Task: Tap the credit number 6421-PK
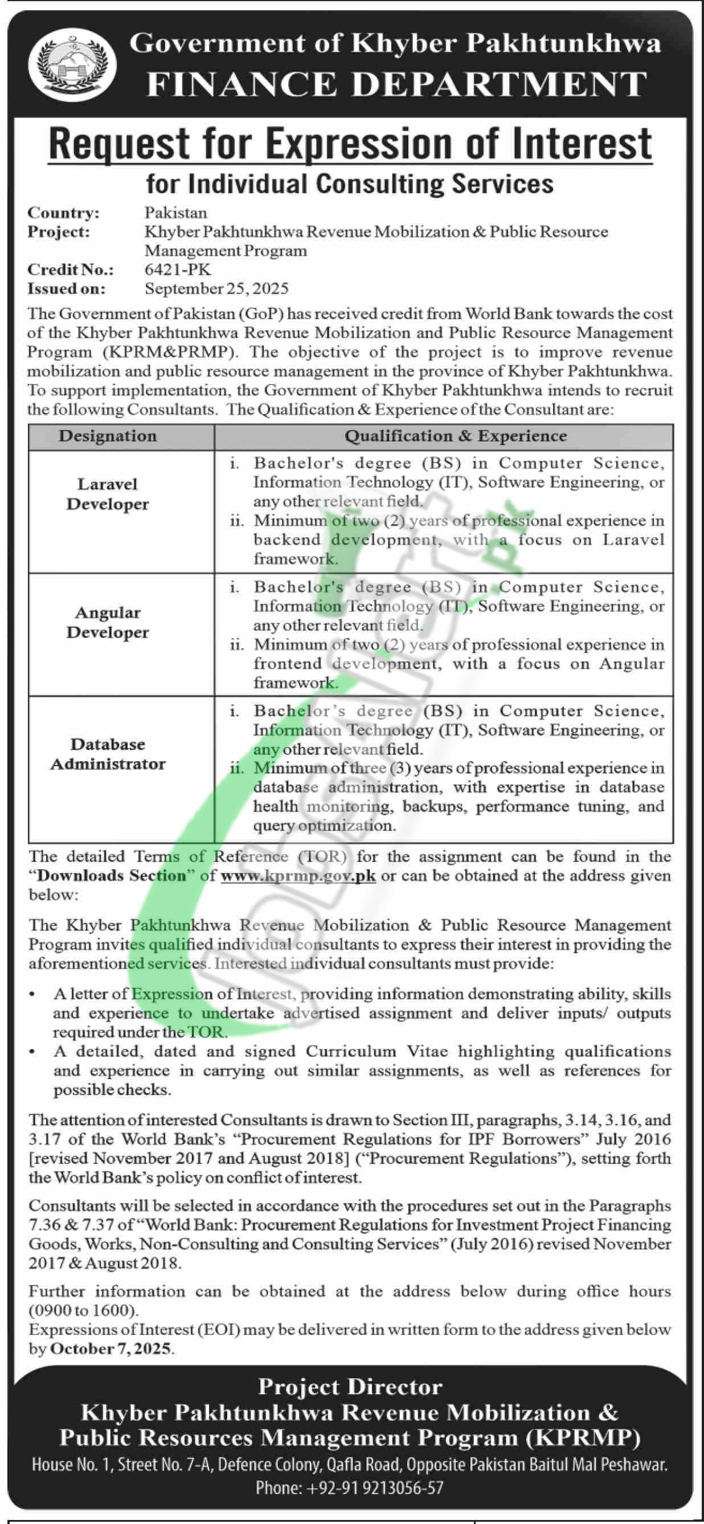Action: tap(178, 270)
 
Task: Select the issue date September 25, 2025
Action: tap(216, 289)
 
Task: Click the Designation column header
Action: tap(108, 436)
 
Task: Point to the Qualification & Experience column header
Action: tap(456, 436)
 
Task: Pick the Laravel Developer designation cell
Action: tap(108, 494)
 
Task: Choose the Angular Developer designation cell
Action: tap(108, 622)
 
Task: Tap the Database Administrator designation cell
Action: tap(108, 754)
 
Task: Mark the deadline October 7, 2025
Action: tap(112, 1332)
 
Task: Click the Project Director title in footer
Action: tap(350, 1387)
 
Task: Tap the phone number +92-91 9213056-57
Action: tap(350, 1487)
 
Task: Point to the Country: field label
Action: tap(64, 213)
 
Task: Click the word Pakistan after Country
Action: tap(175, 213)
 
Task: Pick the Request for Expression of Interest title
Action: tap(350, 144)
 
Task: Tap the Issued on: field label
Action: tap(66, 289)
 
